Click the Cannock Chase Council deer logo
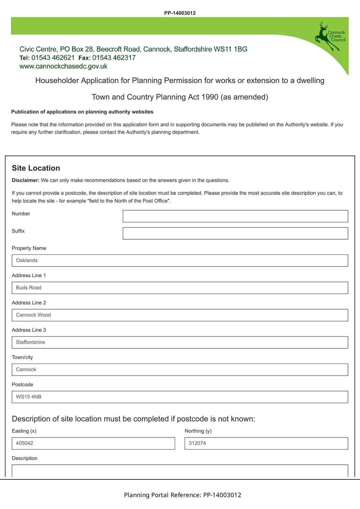(329, 37)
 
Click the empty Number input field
(235, 216)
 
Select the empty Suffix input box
(235, 233)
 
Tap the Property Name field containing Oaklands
(180, 261)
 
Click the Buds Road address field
(180, 288)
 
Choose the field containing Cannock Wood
(180, 315)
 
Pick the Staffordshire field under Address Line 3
(180, 342)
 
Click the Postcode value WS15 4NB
(29, 397)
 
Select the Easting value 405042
(25, 443)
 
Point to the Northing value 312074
(197, 443)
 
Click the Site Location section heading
(36, 168)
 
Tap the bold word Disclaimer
(25, 180)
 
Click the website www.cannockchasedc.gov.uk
(63, 66)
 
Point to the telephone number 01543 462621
(53, 58)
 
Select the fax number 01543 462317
(114, 58)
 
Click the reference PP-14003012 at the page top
(180, 13)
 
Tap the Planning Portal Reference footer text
(182, 495)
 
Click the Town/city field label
(22, 357)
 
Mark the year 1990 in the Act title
(210, 97)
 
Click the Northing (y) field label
(198, 431)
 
